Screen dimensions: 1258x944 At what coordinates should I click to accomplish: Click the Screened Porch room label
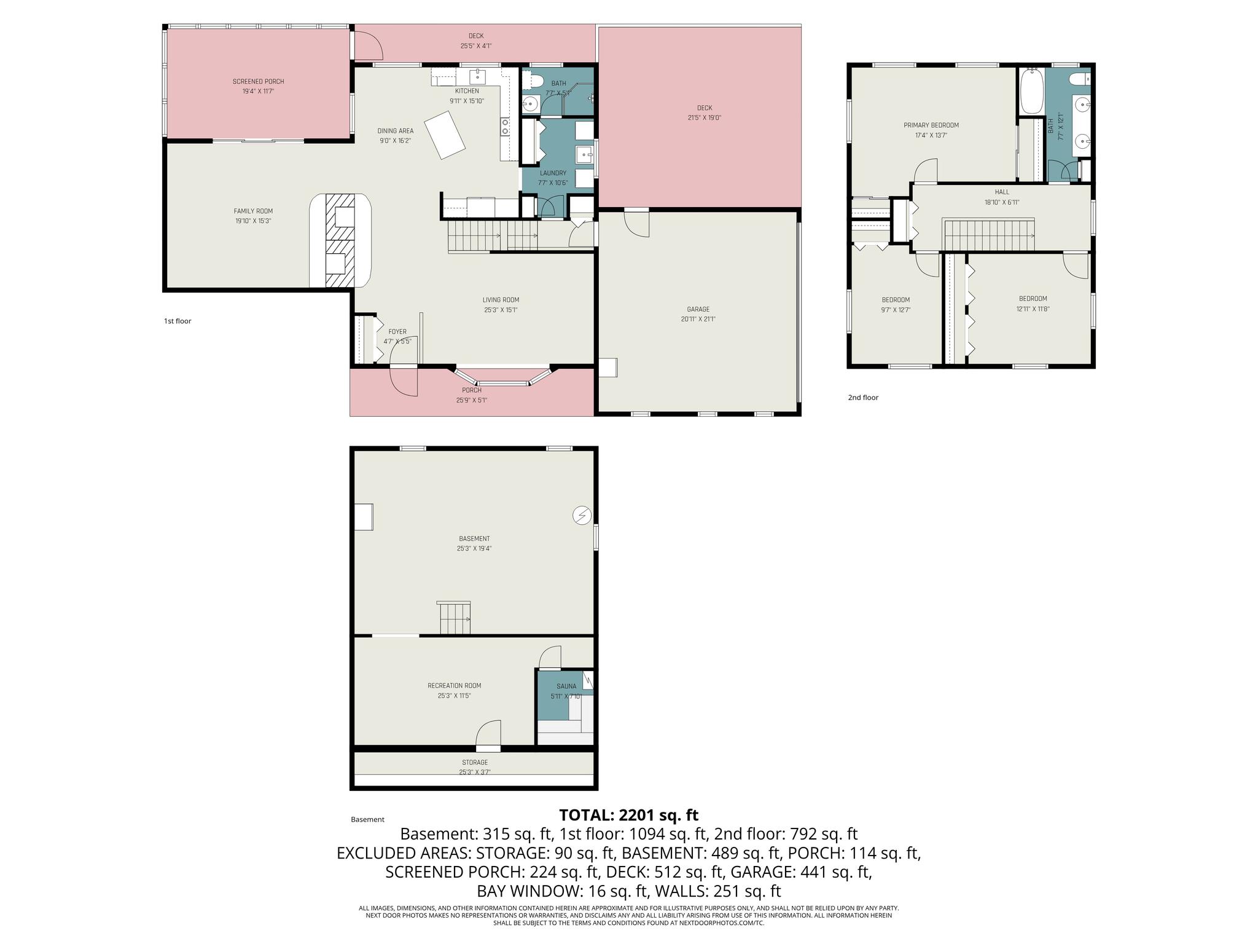258,82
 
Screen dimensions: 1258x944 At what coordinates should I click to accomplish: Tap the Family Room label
253,211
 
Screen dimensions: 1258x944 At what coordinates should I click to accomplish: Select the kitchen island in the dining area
447,135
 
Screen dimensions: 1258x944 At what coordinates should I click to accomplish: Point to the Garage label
698,309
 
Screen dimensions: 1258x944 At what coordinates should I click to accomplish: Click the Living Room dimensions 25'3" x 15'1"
501,310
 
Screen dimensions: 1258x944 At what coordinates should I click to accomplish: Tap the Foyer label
397,332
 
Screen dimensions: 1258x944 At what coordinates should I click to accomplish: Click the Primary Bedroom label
931,125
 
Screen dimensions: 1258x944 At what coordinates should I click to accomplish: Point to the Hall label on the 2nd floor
1002,192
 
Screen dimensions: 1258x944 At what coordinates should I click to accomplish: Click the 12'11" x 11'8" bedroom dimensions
1033,309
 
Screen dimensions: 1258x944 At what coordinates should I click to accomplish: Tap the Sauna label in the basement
566,686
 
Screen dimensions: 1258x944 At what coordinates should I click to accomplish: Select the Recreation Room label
455,686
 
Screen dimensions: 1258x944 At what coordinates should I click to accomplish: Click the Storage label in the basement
475,763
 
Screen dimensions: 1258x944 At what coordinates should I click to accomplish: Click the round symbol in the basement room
581,515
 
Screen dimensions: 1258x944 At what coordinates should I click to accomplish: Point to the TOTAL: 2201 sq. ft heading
629,815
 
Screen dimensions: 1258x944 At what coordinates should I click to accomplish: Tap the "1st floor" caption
178,321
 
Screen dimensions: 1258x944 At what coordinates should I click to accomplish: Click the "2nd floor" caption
863,398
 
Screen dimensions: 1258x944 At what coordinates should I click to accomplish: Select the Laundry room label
553,173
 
